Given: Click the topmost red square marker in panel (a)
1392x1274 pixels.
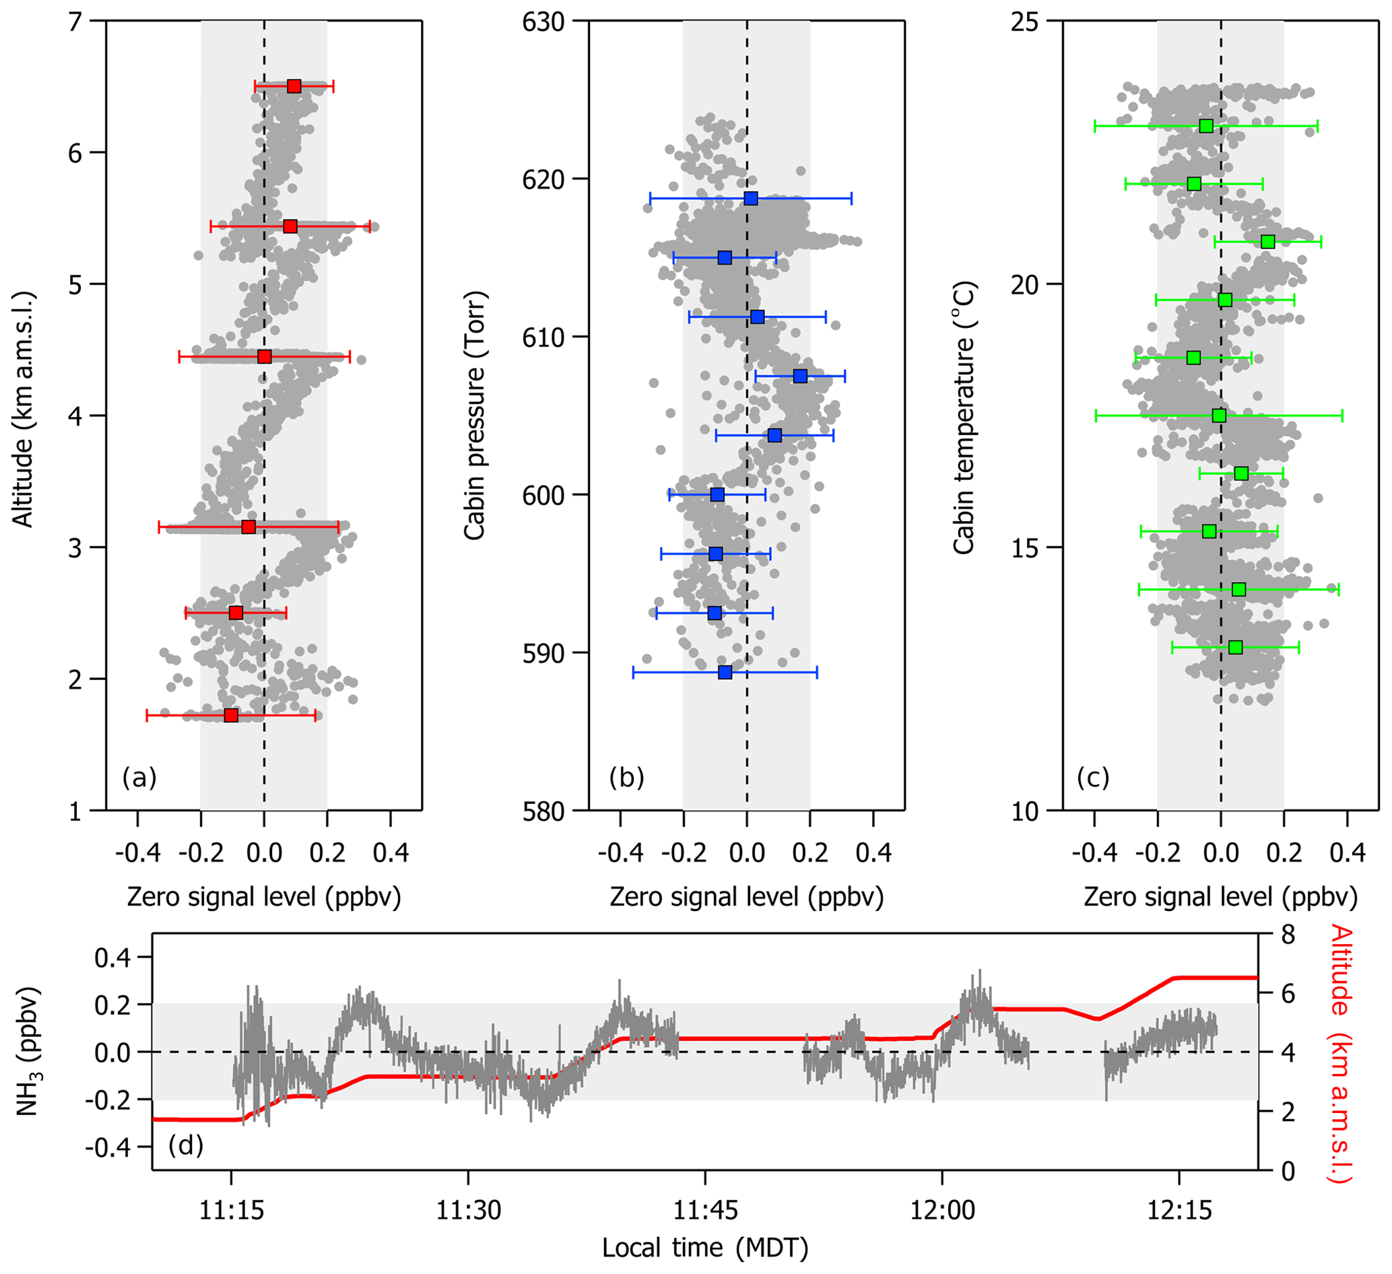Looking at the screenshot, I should (294, 86).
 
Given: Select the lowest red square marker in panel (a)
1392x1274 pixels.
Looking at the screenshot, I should (231, 715).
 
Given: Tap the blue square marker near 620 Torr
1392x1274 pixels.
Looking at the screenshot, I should (750, 199).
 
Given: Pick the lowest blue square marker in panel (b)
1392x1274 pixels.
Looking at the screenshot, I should (725, 672).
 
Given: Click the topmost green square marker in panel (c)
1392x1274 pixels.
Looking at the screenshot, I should (1206, 127).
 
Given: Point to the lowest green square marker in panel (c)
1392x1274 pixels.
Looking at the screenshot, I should (1236, 647).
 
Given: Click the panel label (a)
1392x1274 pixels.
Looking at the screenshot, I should (139, 778).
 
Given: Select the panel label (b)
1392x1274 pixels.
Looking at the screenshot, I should (626, 778).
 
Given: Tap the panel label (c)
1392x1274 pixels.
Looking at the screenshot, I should (1093, 778).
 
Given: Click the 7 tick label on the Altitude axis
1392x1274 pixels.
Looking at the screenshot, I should (75, 22).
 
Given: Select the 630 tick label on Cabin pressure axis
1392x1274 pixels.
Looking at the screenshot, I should (543, 22).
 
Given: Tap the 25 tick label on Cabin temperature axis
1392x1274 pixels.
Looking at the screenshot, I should (1025, 22).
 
